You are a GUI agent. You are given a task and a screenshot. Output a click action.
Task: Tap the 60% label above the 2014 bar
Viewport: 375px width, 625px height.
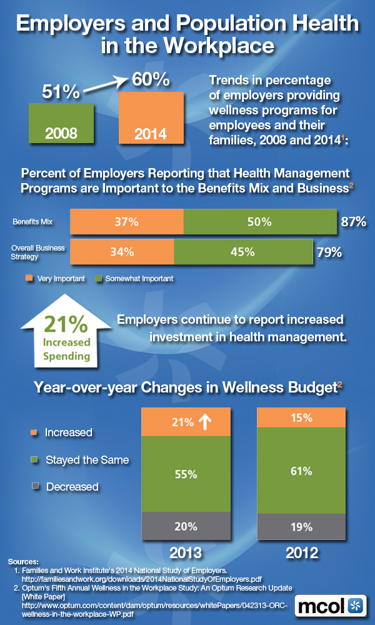tap(150, 81)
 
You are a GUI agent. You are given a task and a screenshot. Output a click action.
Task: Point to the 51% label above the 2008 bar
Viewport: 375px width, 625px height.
tap(61, 92)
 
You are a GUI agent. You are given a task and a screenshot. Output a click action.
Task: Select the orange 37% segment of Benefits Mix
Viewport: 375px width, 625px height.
tap(127, 222)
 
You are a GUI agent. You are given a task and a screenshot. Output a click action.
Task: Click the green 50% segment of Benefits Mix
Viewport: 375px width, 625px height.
tap(259, 222)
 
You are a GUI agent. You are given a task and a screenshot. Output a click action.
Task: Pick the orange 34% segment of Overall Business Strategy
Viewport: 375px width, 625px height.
tap(122, 252)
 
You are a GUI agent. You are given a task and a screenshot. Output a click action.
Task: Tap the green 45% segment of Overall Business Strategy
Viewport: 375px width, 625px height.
tap(242, 252)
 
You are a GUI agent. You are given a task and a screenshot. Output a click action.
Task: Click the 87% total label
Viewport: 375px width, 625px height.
tap(353, 222)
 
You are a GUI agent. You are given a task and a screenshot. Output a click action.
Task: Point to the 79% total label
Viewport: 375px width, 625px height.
tap(329, 252)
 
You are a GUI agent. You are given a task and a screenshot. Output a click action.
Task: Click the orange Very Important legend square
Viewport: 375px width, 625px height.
tap(28, 279)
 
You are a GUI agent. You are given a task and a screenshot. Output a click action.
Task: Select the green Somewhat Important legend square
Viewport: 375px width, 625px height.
tap(96, 279)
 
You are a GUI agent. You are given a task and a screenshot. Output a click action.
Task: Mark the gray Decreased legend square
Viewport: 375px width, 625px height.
tap(35, 486)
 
